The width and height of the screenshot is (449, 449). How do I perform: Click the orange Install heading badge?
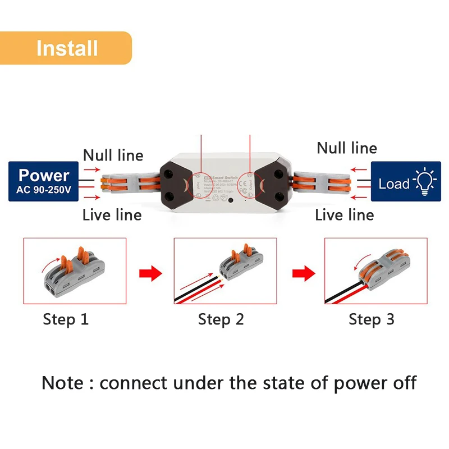(66, 48)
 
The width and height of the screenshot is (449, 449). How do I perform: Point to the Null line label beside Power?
(113, 155)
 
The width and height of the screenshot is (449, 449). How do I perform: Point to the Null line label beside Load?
(347, 148)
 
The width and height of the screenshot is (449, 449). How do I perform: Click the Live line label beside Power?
(112, 214)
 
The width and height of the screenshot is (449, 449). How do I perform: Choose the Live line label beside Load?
(344, 214)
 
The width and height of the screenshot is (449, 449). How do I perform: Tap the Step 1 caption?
(66, 319)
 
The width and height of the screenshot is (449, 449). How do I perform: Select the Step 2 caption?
(221, 319)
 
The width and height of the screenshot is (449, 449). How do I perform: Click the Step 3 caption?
(371, 319)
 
